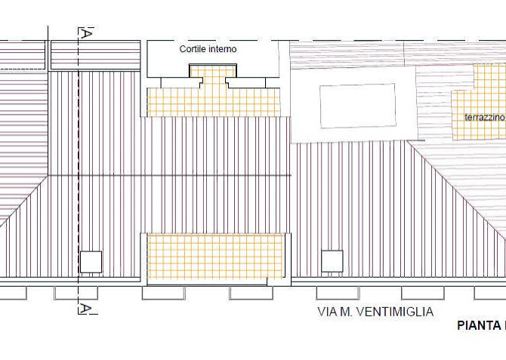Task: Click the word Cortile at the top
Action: [193, 49]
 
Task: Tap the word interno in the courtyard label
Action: [223, 49]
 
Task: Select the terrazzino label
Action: [484, 117]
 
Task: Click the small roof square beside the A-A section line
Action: [91, 262]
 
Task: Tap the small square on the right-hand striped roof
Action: [332, 261]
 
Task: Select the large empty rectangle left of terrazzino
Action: [358, 106]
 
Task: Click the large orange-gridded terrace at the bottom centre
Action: [215, 256]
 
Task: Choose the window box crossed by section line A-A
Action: [76, 293]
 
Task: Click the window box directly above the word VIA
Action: [338, 293]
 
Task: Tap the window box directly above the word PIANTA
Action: [490, 293]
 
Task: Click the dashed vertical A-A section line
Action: [79, 171]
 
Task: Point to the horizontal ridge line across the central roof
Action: [169, 176]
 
